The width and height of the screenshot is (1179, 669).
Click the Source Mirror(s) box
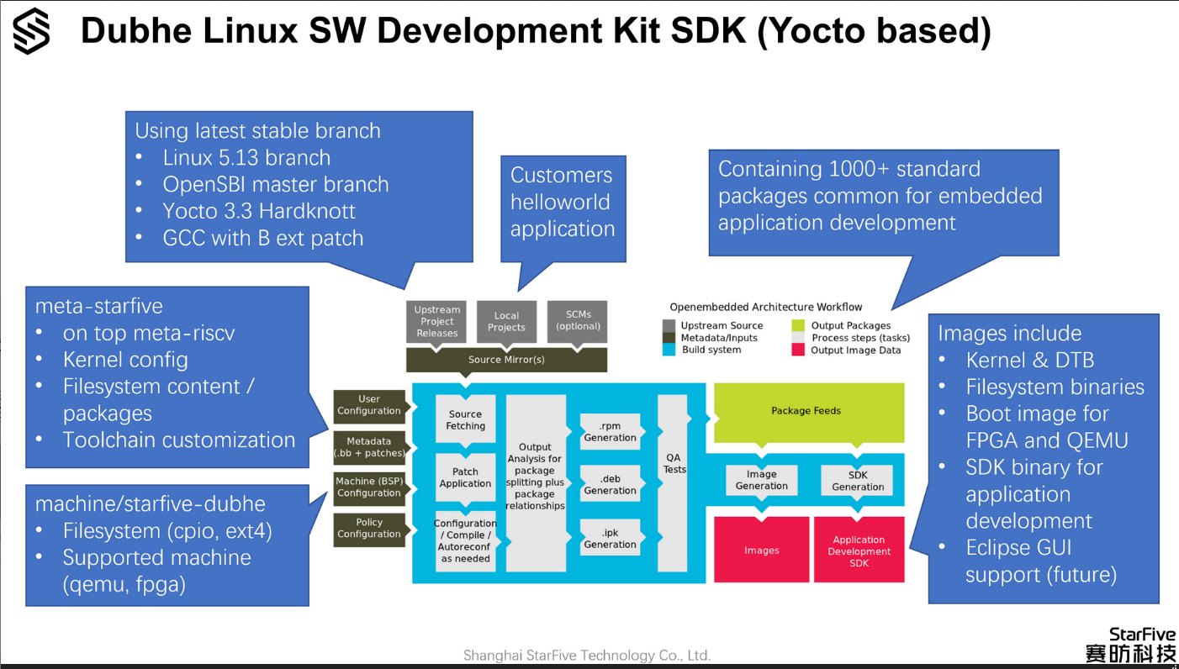coord(506,360)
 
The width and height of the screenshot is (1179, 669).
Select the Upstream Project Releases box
coord(436,321)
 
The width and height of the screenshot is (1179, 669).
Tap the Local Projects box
coord(506,321)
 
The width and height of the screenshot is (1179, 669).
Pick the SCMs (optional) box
coord(578,321)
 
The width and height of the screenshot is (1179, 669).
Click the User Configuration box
coord(369,405)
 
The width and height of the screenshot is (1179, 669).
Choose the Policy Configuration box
coord(369,529)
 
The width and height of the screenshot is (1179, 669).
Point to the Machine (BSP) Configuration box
coord(369,487)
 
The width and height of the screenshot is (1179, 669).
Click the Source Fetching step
coord(465,419)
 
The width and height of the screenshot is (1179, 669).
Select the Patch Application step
coord(465,477)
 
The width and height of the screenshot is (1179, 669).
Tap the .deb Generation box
coord(610,484)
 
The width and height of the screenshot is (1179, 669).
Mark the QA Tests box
coord(673,482)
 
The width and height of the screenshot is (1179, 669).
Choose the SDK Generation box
coord(858,481)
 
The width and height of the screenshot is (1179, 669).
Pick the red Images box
coord(761,550)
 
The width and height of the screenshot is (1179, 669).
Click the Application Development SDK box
coord(859,550)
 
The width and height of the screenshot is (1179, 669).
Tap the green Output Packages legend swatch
coord(798,325)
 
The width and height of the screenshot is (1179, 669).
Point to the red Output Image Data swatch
coord(798,350)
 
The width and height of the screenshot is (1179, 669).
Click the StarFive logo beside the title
coord(32,31)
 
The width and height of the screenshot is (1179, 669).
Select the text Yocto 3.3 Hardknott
coord(259,211)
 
